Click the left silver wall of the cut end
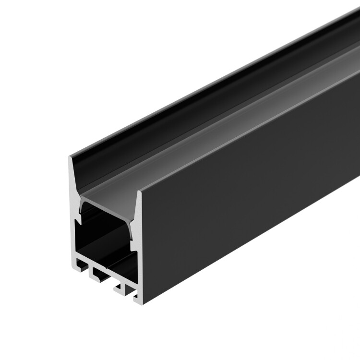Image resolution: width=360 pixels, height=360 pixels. pos(73,226)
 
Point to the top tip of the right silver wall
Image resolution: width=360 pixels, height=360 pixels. pos(140,192)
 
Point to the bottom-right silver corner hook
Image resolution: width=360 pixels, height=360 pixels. pos(137,300)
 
